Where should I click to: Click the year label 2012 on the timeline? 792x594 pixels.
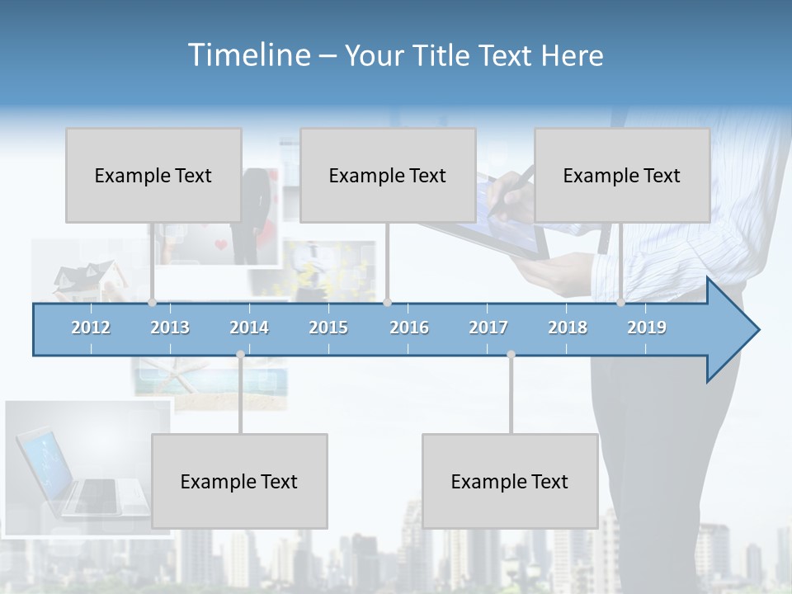[91, 328]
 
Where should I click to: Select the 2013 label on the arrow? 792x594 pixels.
[170, 328]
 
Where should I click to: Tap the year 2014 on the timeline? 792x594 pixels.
[249, 328]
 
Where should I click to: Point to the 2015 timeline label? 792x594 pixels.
[328, 328]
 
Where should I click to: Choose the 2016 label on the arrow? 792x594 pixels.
[409, 328]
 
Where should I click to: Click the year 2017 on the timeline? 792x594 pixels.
[488, 328]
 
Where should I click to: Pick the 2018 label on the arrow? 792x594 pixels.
[568, 328]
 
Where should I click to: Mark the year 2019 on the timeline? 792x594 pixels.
[647, 328]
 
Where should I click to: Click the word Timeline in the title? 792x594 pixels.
[247, 54]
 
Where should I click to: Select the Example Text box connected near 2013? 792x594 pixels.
[153, 175]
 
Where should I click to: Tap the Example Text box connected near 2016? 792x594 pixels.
[388, 175]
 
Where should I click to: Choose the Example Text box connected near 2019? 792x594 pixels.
[622, 175]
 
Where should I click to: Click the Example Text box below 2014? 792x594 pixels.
[239, 481]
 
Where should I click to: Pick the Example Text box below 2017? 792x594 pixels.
[510, 481]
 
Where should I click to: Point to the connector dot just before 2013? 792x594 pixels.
[152, 303]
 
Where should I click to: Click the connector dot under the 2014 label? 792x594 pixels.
[240, 355]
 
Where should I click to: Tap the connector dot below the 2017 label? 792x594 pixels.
[511, 355]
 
